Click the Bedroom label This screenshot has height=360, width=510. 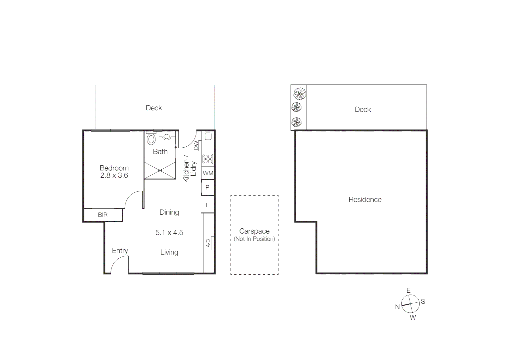pyautogui.click(x=114, y=168)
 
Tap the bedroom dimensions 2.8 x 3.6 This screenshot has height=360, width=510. pyautogui.click(x=114, y=175)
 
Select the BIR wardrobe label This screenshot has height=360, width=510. pyautogui.click(x=103, y=215)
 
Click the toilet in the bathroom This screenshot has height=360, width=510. pyautogui.click(x=151, y=139)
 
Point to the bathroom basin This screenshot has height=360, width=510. pyautogui.click(x=166, y=136)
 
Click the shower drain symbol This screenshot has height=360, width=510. pyautogui.click(x=160, y=170)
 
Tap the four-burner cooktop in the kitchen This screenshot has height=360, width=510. pyautogui.click(x=208, y=159)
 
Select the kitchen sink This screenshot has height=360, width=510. pyautogui.click(x=208, y=136)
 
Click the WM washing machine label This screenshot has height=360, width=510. pyautogui.click(x=208, y=173)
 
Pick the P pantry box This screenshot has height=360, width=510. pyautogui.click(x=207, y=188)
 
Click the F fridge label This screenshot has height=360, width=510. pyautogui.click(x=207, y=205)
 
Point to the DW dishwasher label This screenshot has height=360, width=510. pyautogui.click(x=196, y=145)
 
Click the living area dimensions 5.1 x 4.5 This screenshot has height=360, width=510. pyautogui.click(x=169, y=233)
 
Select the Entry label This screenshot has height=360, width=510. pyautogui.click(x=120, y=251)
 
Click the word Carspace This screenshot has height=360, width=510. pyautogui.click(x=254, y=231)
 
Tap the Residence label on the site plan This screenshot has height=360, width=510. pyautogui.click(x=365, y=199)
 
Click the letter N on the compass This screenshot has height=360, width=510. pyautogui.click(x=397, y=307)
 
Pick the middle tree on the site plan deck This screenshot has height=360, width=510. pyautogui.click(x=296, y=107)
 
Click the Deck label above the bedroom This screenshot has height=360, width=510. pyautogui.click(x=154, y=108)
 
